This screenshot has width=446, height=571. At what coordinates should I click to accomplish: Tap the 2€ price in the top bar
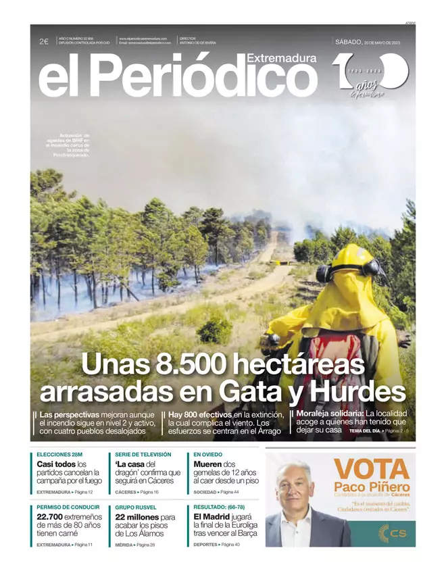(x=43, y=42)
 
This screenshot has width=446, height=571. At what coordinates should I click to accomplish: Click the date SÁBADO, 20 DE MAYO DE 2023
(x=372, y=42)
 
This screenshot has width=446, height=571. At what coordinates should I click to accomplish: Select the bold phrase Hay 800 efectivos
(x=200, y=414)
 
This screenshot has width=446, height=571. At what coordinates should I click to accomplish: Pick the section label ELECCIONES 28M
(x=59, y=455)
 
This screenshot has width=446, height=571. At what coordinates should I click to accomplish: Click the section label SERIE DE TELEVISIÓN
(x=143, y=455)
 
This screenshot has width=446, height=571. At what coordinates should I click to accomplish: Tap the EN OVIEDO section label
(x=207, y=455)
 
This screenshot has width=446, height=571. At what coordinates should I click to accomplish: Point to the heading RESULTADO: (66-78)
(x=220, y=507)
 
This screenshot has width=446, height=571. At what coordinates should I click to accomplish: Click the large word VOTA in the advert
(x=372, y=468)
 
